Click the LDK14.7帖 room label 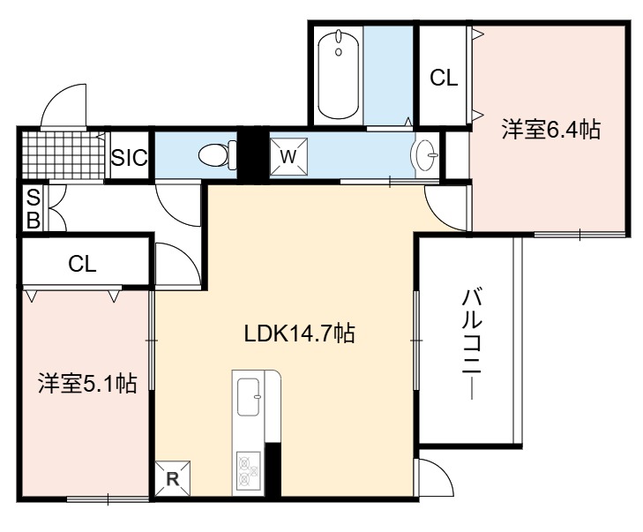click(x=299, y=333)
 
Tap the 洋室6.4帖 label click(x=551, y=129)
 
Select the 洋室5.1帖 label click(x=87, y=384)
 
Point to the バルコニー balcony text click(x=472, y=344)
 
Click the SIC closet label click(x=129, y=158)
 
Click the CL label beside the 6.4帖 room click(x=444, y=77)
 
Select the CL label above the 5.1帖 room click(x=82, y=264)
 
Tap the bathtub click(x=339, y=74)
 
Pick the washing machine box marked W click(x=288, y=156)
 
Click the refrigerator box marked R click(x=173, y=478)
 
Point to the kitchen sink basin click(x=249, y=396)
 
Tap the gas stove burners click(x=249, y=468)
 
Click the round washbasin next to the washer click(x=425, y=155)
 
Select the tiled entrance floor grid click(x=63, y=155)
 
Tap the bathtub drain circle click(x=339, y=52)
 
